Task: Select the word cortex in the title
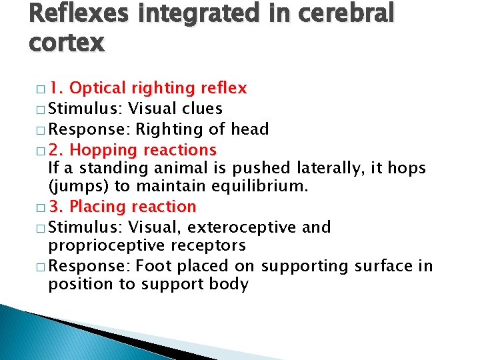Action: point(67,43)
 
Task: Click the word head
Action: point(250,129)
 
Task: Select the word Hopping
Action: point(100,149)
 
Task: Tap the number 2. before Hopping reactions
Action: point(57,149)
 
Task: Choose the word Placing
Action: point(99,207)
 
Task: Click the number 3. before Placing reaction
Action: point(57,207)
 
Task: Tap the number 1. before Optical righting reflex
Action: point(57,88)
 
